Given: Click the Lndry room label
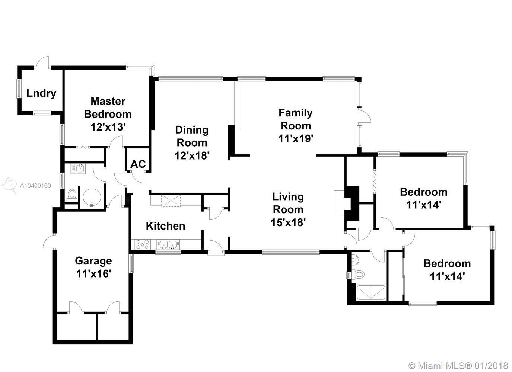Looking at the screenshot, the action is [41, 93].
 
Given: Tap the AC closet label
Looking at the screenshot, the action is [138, 164].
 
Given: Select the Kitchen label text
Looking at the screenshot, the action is [165, 226].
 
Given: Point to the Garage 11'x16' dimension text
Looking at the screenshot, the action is [94, 273].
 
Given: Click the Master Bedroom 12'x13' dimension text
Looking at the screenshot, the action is [108, 127].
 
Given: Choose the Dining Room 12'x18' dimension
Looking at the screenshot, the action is [192, 155].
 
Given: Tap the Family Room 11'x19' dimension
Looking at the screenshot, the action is [296, 138].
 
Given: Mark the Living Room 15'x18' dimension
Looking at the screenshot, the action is [288, 222].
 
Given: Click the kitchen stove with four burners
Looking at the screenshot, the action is [142, 244].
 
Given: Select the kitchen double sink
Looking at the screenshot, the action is [168, 244].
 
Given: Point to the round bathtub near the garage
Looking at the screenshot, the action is [92, 197].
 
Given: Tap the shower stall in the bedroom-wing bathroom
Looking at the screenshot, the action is [371, 292].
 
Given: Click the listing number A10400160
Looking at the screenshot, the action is [35, 185].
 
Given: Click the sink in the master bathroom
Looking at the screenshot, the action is [78, 169].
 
